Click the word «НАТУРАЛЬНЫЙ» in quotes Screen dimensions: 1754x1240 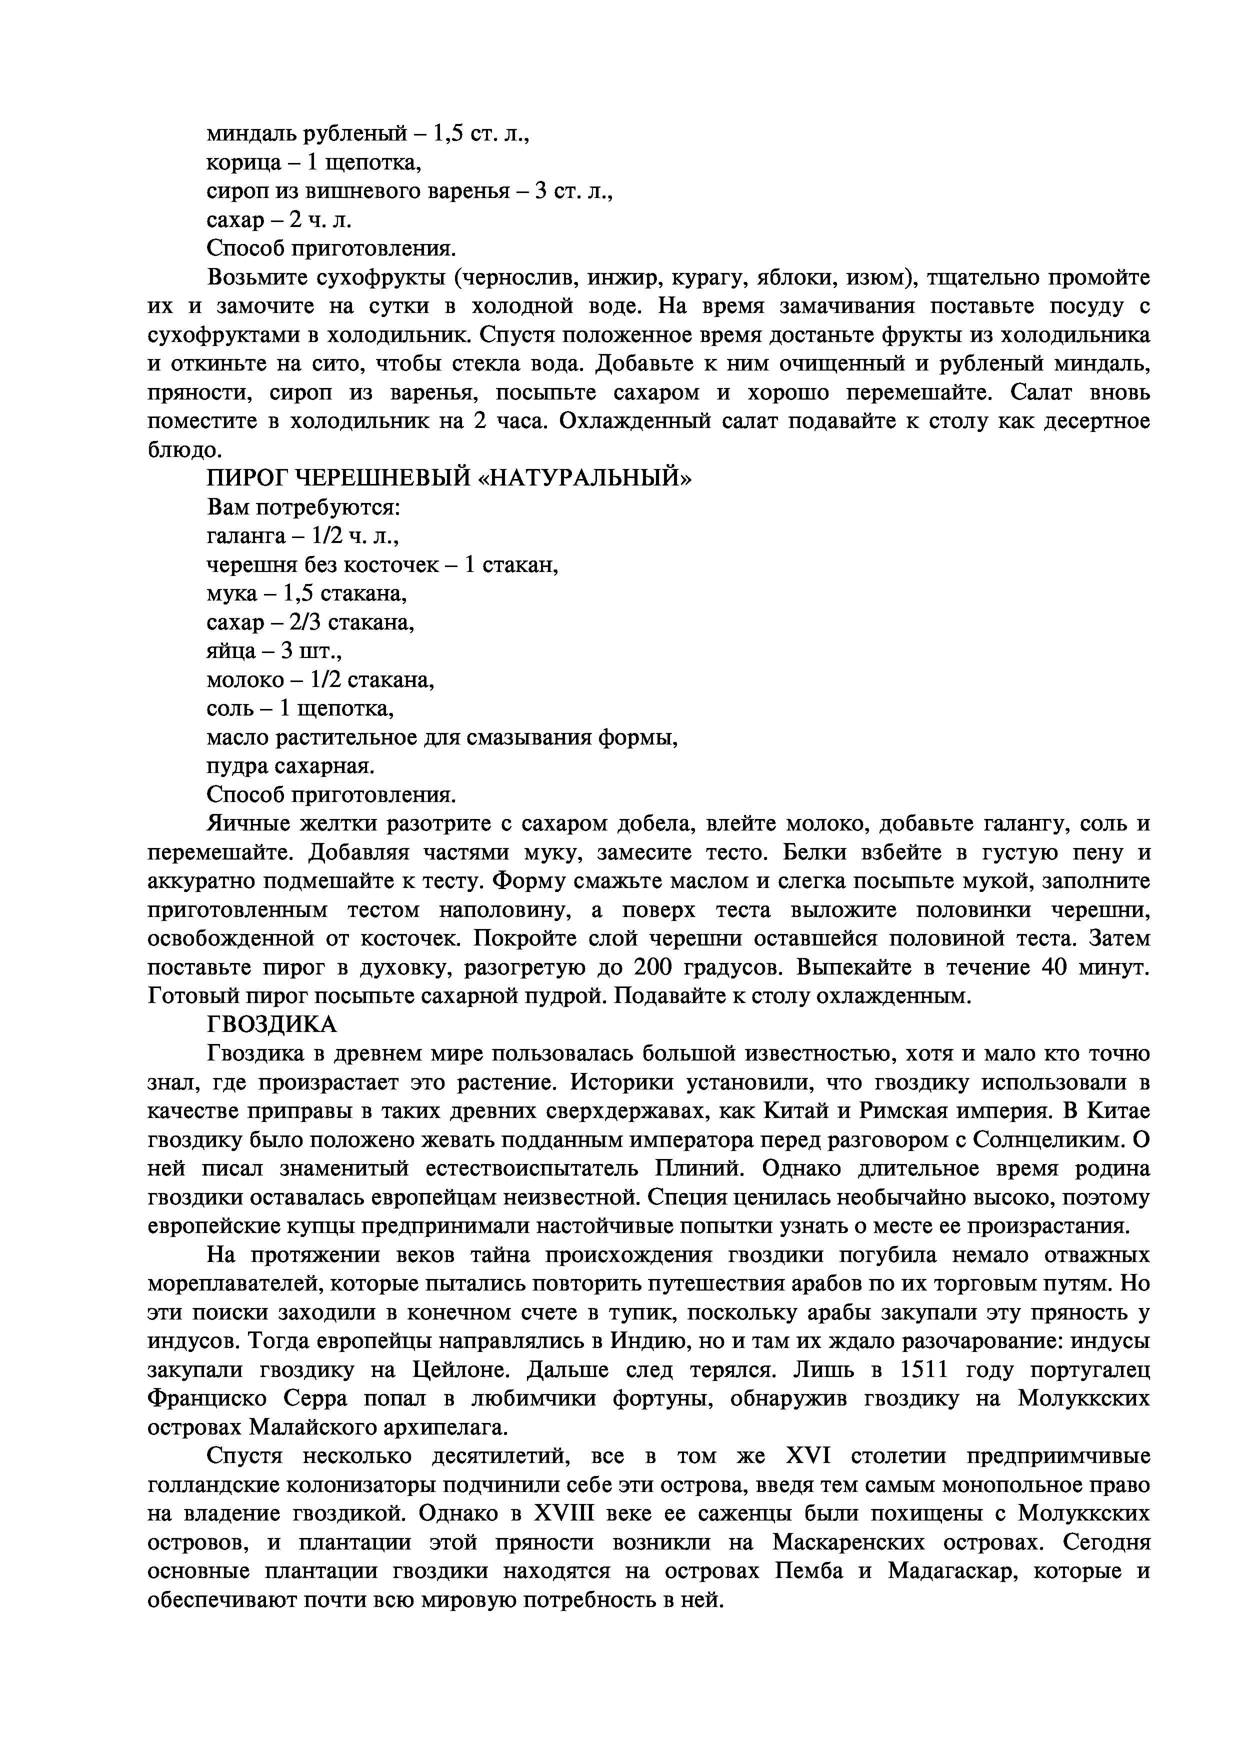[x=585, y=478]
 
